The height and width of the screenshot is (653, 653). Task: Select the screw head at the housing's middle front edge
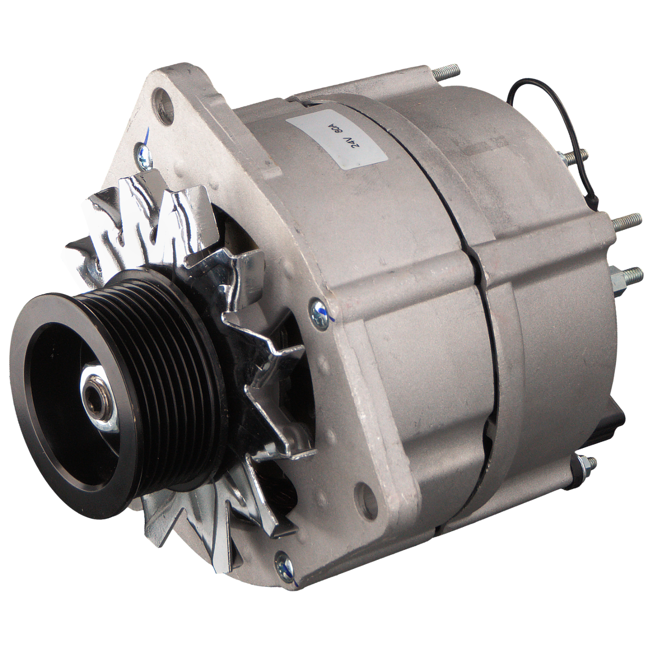[316, 310]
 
